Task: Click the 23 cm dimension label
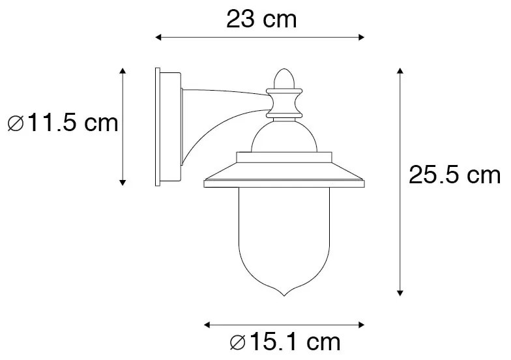tap(261, 20)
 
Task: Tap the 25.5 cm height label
tap(454, 175)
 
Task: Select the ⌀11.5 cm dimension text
tap(63, 123)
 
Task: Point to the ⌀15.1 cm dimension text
tap(284, 341)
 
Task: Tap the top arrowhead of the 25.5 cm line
tap(400, 70)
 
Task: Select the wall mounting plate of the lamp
tap(167, 127)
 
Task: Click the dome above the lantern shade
tap(284, 137)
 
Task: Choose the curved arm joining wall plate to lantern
tap(215, 114)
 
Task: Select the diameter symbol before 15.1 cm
tap(238, 341)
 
